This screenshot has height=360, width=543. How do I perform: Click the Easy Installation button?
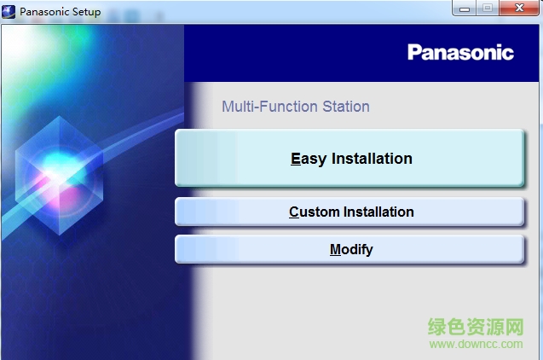click(349, 159)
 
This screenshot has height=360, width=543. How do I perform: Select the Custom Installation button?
click(349, 212)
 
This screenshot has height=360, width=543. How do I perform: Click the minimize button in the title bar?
click(465, 9)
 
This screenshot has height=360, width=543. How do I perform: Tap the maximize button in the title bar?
click(488, 9)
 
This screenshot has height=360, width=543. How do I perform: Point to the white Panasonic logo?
click(460, 53)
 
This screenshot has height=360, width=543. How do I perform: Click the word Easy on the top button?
click(308, 159)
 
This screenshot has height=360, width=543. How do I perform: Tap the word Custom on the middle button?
click(314, 212)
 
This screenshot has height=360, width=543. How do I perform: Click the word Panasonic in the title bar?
click(48, 12)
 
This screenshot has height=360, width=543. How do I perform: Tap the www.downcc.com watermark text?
click(476, 344)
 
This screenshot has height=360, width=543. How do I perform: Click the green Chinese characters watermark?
click(476, 327)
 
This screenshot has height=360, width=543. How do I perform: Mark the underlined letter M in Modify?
click(335, 250)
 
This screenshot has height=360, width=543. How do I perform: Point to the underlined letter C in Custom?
click(294, 212)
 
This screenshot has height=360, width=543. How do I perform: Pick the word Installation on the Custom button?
click(378, 212)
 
